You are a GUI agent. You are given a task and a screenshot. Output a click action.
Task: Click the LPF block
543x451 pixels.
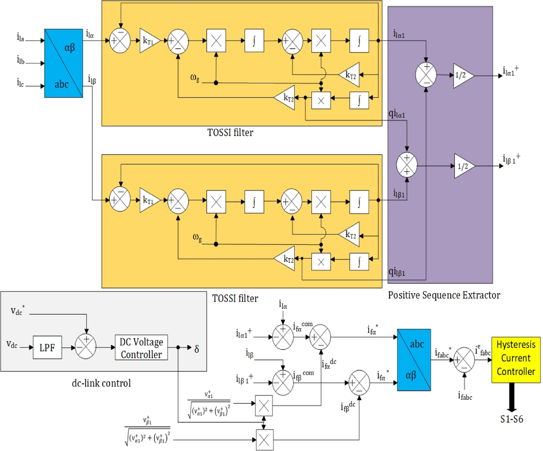47,348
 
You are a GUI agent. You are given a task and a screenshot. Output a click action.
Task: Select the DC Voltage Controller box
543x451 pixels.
141,348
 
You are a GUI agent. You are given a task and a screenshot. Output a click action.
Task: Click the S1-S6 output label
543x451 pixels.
511,419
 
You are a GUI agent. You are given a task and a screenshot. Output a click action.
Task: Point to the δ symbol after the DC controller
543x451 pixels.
196,349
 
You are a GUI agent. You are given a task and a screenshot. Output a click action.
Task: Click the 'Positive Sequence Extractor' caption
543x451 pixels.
444,295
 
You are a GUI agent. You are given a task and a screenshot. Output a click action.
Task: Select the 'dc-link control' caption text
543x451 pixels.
101,383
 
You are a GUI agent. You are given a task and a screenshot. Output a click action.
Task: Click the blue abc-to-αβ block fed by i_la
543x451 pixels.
64,63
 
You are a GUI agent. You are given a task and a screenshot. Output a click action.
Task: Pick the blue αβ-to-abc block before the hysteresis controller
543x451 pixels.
414,360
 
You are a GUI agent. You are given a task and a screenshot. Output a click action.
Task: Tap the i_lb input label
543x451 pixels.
21,60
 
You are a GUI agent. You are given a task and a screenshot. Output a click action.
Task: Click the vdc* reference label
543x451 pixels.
18,311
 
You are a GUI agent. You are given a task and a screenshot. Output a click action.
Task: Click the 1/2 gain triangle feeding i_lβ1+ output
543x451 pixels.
464,166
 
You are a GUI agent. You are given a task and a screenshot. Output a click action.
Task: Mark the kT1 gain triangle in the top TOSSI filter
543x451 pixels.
148,41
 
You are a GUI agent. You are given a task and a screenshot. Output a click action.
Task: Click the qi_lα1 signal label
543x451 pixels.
397,114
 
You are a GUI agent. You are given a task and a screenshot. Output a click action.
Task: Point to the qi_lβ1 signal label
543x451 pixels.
397,272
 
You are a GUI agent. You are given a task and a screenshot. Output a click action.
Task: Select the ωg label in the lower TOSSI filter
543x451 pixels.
197,237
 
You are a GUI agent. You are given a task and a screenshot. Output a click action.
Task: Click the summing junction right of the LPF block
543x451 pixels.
86,348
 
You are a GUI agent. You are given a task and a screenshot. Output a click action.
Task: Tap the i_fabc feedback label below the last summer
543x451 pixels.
465,396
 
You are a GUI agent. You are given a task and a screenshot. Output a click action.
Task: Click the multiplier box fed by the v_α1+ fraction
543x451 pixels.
264,405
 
